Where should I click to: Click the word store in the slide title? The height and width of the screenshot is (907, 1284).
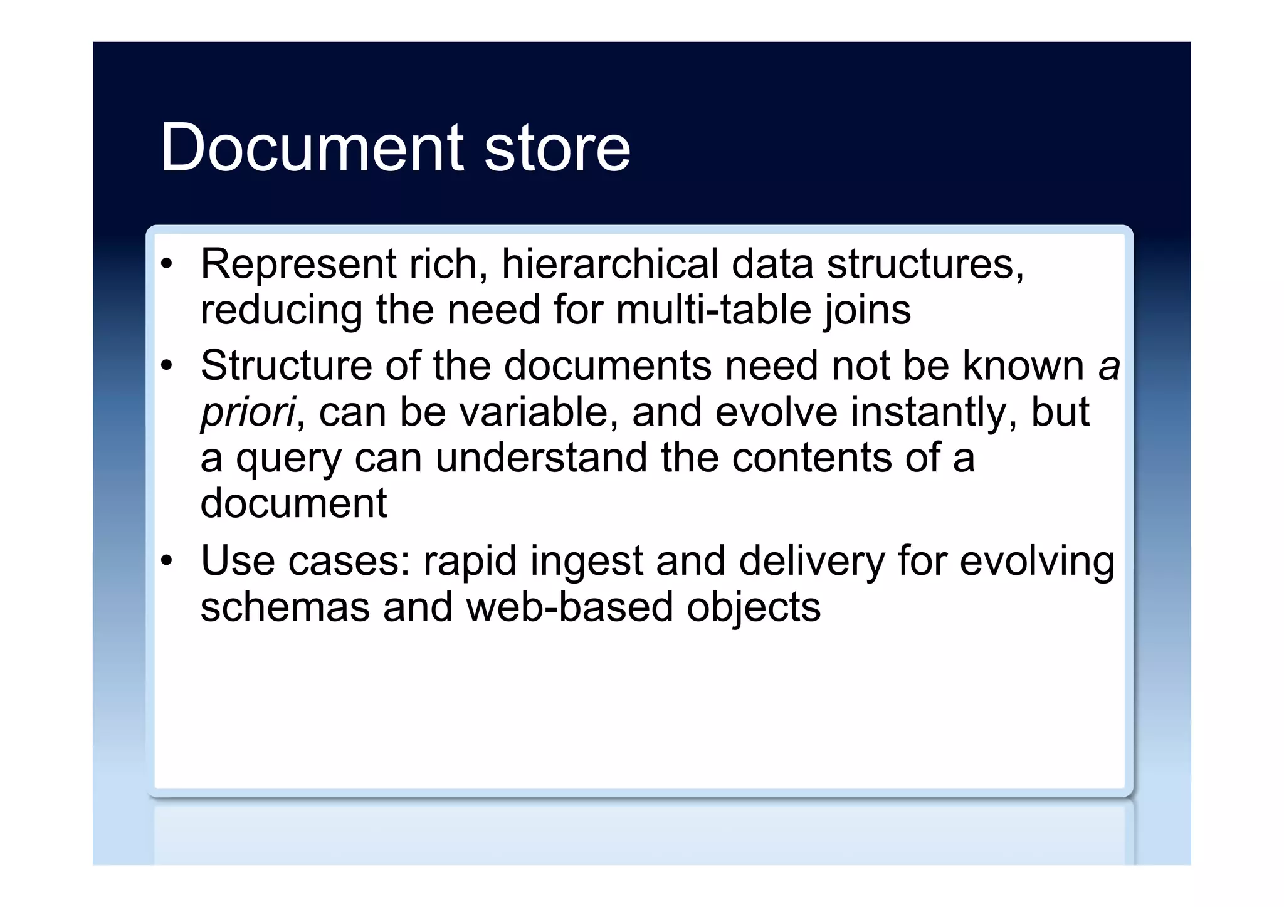(557, 148)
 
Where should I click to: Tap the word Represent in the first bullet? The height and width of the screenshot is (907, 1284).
(298, 265)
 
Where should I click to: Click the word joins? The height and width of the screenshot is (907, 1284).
(868, 311)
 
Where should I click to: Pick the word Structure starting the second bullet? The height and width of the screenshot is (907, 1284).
(286, 365)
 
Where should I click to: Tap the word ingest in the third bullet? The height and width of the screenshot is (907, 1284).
(586, 562)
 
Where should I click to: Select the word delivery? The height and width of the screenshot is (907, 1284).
(812, 562)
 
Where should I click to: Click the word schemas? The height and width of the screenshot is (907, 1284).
(285, 607)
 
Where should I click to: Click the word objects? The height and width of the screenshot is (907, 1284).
(754, 608)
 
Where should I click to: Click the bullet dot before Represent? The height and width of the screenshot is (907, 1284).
(166, 265)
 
